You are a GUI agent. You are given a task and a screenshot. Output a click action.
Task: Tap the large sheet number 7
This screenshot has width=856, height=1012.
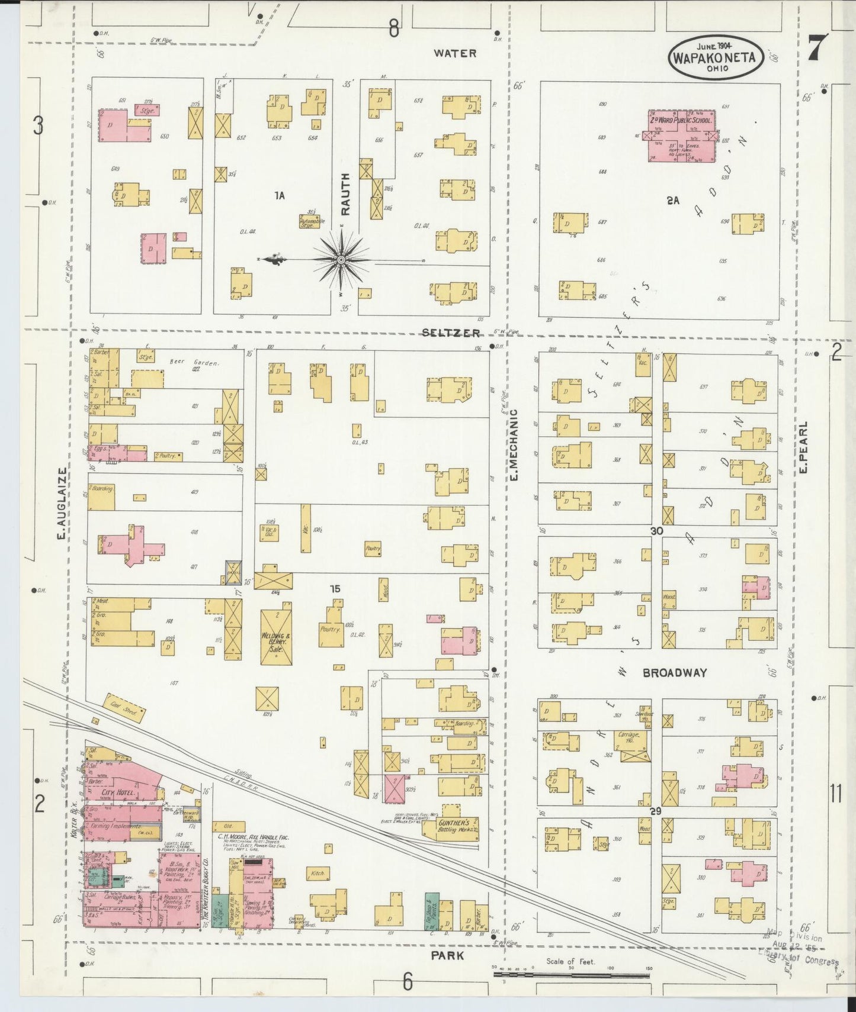pos(818,47)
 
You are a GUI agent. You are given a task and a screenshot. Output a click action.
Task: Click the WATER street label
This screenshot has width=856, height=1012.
pos(455,53)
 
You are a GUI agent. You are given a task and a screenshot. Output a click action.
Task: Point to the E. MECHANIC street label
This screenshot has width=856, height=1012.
pos(514,444)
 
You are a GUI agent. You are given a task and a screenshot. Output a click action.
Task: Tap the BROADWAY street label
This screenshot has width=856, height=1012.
pos(675,673)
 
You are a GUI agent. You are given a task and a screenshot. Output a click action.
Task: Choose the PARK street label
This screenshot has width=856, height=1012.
pos(447,956)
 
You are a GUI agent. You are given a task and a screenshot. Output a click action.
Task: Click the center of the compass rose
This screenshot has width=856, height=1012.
pos(341,260)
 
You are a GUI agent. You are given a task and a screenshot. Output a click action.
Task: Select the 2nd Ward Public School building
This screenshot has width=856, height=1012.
pos(681,136)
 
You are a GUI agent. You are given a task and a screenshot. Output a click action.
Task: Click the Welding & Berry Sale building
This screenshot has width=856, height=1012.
pos(276,633)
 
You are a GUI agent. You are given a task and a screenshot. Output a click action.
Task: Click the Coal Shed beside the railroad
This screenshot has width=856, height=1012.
pos(124,708)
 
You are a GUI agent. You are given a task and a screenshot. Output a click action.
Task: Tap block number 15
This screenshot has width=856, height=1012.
pos(336,589)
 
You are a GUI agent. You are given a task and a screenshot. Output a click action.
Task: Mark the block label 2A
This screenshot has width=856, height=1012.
pos(672,201)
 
